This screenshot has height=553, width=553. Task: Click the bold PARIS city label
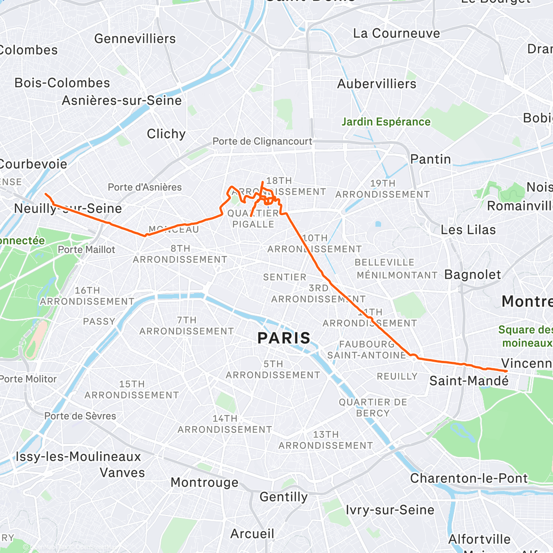click(284, 338)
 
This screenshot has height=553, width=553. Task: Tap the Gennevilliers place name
click(135, 39)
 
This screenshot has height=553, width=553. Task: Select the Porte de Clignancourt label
click(262, 141)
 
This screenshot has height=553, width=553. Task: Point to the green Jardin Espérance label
click(386, 122)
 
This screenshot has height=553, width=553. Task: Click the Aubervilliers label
click(377, 84)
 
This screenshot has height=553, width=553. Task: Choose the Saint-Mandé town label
click(469, 381)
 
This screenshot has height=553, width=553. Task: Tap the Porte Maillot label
click(86, 250)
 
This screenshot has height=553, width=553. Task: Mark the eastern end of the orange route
click(506, 371)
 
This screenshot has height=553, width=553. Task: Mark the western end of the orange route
click(45, 194)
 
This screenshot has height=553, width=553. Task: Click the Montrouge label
click(205, 482)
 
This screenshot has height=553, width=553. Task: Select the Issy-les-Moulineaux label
click(78, 457)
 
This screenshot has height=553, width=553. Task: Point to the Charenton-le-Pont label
click(469, 478)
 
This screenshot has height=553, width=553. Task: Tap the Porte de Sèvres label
click(80, 416)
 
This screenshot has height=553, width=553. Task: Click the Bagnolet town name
click(472, 275)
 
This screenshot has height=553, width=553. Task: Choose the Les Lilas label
click(468, 229)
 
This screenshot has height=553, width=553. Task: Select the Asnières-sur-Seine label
click(122, 100)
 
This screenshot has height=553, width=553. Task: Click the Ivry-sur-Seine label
click(390, 510)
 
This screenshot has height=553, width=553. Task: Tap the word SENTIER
click(284, 277)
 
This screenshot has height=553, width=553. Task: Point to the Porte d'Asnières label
click(145, 187)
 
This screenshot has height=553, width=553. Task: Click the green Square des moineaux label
click(525, 336)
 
